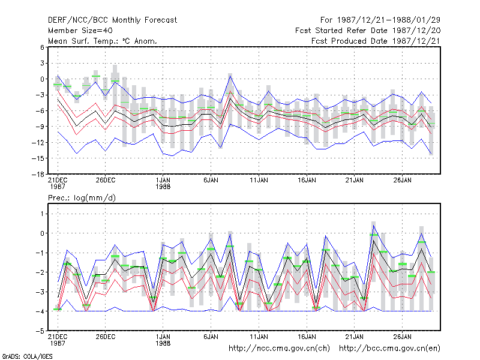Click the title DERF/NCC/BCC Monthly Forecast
(x=112, y=20)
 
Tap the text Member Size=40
(x=80, y=31)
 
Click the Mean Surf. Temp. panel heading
(x=102, y=41)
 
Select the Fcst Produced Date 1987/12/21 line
(x=376, y=41)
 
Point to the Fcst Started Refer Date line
(x=368, y=31)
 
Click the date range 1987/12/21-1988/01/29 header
(x=380, y=20)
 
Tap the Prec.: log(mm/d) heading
(x=82, y=198)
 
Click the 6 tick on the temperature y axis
(x=42, y=47)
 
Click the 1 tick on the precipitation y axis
(x=42, y=214)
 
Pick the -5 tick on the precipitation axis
(x=40, y=331)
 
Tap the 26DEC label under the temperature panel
(x=106, y=181)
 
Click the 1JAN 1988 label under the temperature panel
(x=163, y=183)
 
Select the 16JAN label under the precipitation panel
(x=307, y=337)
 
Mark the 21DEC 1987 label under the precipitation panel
(x=58, y=340)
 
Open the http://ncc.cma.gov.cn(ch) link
(x=280, y=349)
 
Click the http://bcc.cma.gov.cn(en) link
(x=389, y=349)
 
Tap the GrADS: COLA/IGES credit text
(x=27, y=356)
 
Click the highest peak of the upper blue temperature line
(x=230, y=76)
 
